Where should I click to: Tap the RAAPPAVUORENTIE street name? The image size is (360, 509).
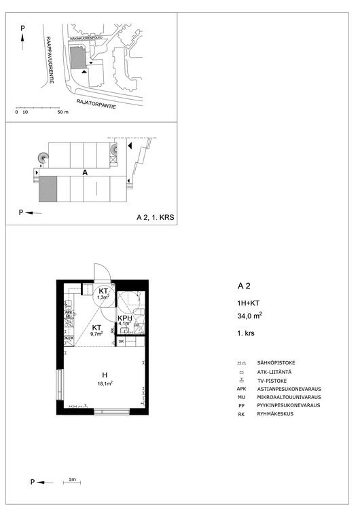click(x=48, y=69)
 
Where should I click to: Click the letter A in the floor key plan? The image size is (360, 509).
click(x=85, y=173)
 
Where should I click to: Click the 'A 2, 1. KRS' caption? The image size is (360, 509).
click(x=155, y=217)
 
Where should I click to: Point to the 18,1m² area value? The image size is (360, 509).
click(x=104, y=383)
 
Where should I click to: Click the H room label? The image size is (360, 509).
click(x=105, y=375)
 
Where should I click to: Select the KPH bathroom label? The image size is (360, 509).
click(x=124, y=318)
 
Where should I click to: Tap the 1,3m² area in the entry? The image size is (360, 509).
click(x=103, y=297)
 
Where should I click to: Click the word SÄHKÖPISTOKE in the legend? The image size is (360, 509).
click(x=276, y=363)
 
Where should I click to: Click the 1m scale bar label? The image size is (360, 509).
click(x=71, y=480)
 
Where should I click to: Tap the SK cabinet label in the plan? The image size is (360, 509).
click(x=122, y=341)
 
